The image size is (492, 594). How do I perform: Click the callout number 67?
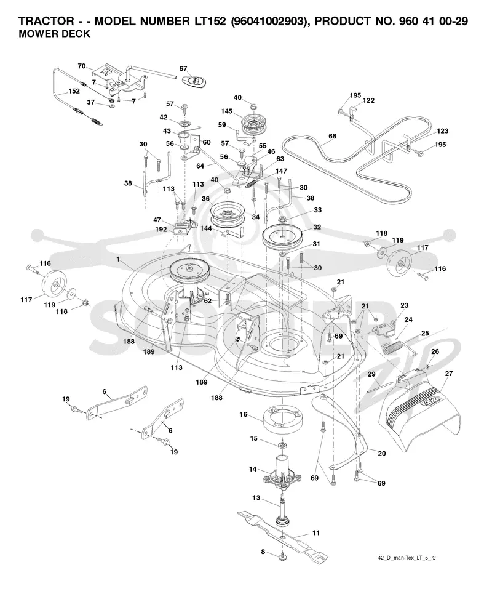tap(183, 68)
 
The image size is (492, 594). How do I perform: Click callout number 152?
tap(74, 91)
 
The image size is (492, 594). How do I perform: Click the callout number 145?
tap(227, 111)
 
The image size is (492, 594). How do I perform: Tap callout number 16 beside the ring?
tap(244, 414)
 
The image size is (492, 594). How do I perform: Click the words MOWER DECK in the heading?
tap(54, 34)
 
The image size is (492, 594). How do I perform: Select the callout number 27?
tap(449, 374)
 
